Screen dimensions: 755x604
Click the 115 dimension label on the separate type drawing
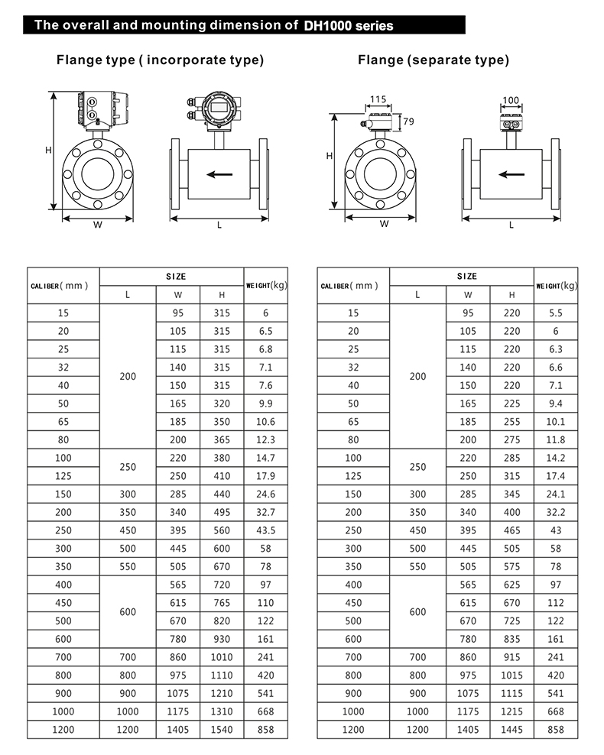378,99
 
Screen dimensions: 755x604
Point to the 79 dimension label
408,122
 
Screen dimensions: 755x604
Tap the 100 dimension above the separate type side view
511,100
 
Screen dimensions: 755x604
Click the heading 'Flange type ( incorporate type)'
160,60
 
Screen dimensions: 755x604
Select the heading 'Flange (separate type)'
433,60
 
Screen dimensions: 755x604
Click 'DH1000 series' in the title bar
348,25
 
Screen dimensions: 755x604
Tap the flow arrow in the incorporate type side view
219,174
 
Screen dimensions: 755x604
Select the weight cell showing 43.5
266,530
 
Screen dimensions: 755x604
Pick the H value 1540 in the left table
222,730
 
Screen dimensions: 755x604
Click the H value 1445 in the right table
511,730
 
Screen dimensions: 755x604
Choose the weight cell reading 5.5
556,313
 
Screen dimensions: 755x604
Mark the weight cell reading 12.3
266,439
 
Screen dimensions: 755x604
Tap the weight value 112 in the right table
556,603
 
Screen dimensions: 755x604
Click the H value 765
222,603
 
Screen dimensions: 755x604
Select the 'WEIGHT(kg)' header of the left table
266,285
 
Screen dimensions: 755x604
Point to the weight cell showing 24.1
556,494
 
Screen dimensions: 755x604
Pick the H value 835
511,639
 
